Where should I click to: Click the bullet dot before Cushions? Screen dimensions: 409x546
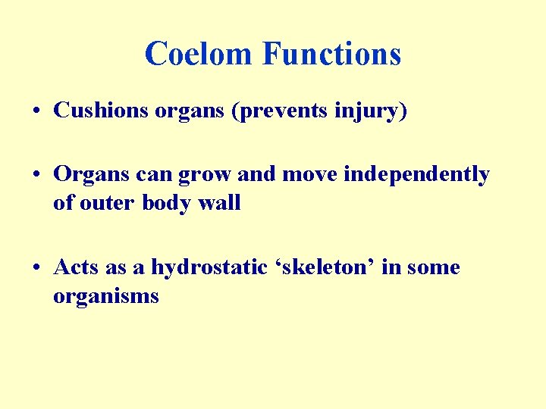[x=37, y=111]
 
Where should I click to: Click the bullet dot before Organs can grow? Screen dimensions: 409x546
[x=37, y=175]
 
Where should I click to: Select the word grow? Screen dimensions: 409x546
[x=205, y=175]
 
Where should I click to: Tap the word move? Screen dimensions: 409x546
[x=311, y=175]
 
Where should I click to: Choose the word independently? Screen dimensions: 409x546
[x=416, y=175]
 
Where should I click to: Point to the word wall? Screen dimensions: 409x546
[x=220, y=203]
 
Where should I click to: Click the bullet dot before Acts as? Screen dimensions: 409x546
[x=37, y=268]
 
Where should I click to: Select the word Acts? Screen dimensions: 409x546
[x=74, y=267]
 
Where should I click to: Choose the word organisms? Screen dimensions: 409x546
[x=105, y=296]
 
